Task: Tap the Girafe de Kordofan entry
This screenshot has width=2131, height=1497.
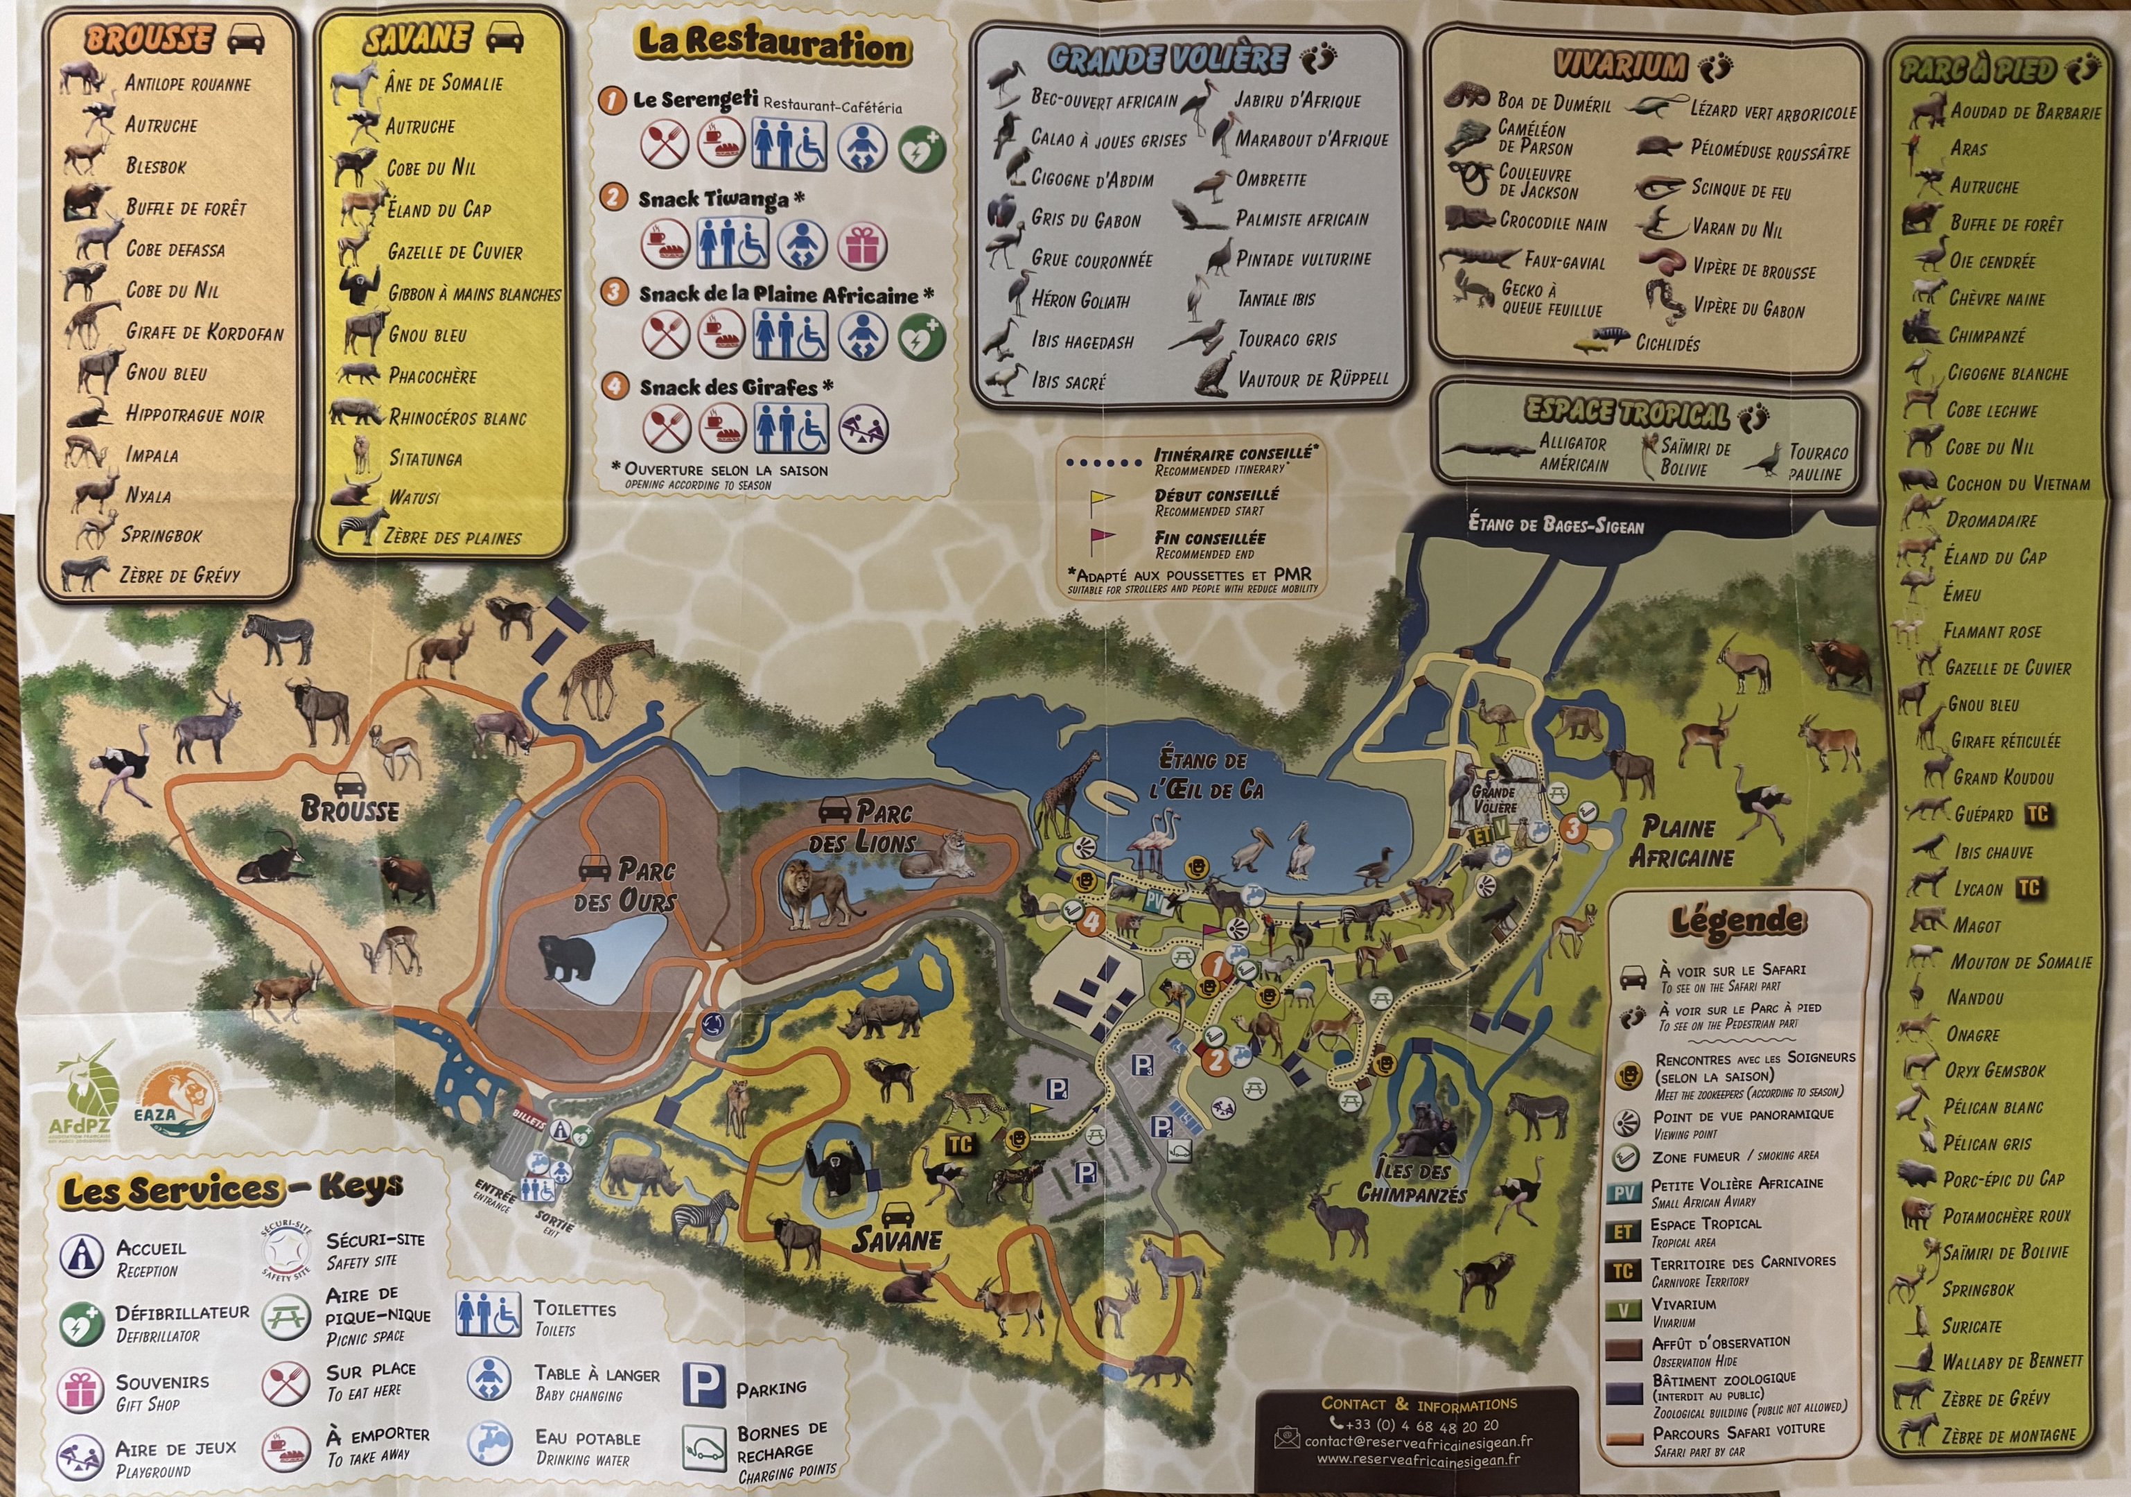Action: click(x=204, y=332)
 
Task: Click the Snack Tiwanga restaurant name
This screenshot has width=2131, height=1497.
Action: click(x=713, y=199)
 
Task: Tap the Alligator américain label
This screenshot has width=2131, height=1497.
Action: click(x=1572, y=453)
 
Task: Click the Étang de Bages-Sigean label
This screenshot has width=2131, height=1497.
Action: click(x=1556, y=525)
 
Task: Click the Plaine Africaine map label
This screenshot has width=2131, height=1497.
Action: click(x=1680, y=841)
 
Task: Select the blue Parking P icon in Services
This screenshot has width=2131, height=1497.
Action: click(x=703, y=1385)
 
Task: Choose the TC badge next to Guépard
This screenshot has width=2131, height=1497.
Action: click(x=2036, y=814)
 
